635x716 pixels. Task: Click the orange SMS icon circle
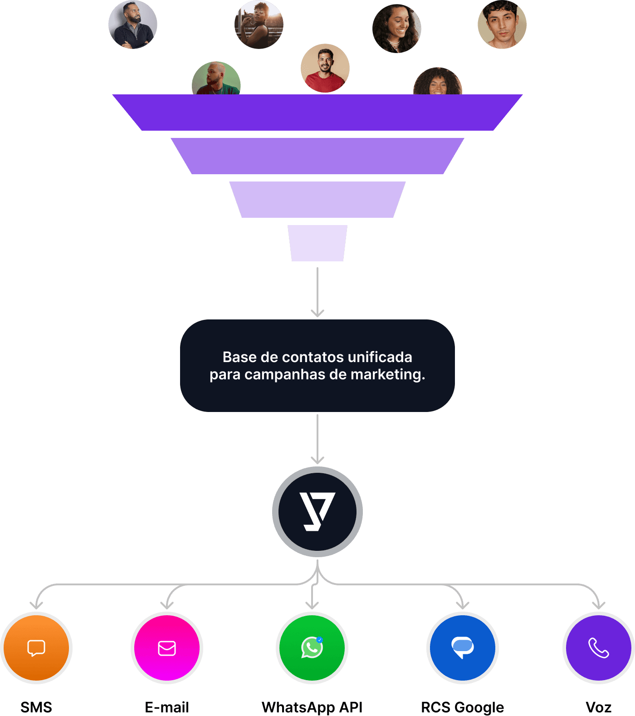click(x=36, y=648)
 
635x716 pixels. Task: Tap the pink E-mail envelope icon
click(x=167, y=648)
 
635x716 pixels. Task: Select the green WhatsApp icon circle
click(x=312, y=648)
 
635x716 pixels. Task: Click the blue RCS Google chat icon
click(x=463, y=648)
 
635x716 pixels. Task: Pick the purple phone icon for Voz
click(x=599, y=648)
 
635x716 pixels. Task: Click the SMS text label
click(x=36, y=707)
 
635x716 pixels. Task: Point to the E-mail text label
click(x=167, y=707)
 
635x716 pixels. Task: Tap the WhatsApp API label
click(x=312, y=707)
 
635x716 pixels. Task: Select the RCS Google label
click(x=463, y=707)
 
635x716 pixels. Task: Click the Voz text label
click(x=599, y=707)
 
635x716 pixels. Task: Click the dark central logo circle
click(x=317, y=512)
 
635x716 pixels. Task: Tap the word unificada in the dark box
click(x=380, y=357)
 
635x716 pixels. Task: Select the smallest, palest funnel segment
click(x=317, y=243)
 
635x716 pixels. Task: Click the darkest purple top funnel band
click(x=317, y=113)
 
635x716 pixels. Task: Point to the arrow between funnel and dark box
click(x=317, y=292)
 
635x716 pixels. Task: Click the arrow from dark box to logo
click(x=317, y=439)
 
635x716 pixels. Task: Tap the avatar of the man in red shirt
click(x=325, y=68)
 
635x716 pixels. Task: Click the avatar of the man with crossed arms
click(x=133, y=25)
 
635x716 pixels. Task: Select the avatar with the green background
click(x=216, y=78)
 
